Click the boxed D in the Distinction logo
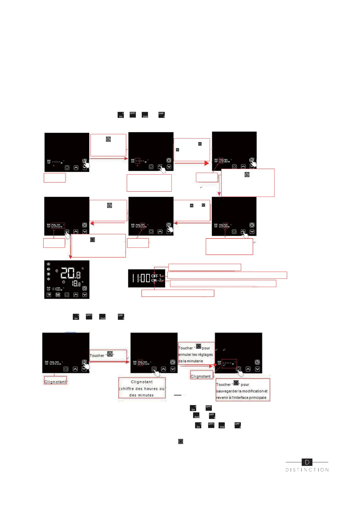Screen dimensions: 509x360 click(x=307, y=462)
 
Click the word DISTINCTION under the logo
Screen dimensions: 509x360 click(x=307, y=470)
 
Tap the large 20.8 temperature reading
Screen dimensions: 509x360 click(x=70, y=273)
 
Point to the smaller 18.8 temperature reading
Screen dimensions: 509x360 click(x=76, y=284)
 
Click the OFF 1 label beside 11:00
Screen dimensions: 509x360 click(x=156, y=276)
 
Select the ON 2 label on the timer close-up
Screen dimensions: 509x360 click(x=156, y=280)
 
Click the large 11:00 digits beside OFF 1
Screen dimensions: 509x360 click(x=141, y=278)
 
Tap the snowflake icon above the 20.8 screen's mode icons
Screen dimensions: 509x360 click(x=48, y=264)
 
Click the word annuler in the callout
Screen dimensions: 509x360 click(x=185, y=355)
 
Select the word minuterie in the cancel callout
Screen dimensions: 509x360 click(x=195, y=361)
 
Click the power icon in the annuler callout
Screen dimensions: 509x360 click(x=198, y=346)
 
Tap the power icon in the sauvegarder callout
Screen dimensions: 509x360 click(x=236, y=383)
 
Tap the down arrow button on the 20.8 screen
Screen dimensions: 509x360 click(x=85, y=295)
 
